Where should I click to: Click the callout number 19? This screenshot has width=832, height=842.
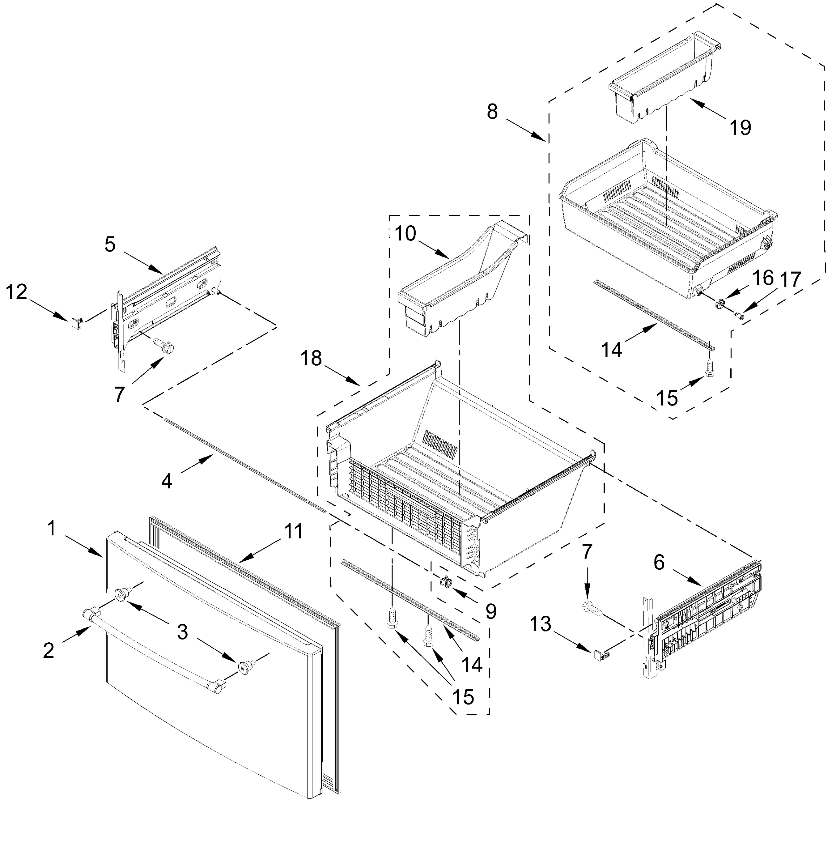[740, 127]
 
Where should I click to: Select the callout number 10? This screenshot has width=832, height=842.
[405, 234]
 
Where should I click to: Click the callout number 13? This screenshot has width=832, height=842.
[541, 624]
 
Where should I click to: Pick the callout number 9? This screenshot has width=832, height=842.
[491, 612]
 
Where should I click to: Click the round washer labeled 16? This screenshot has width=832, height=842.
[719, 303]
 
